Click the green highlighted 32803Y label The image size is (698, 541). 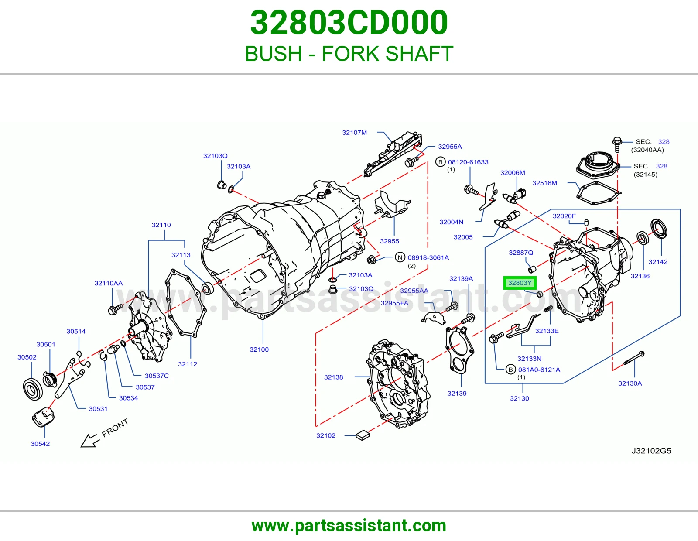520,283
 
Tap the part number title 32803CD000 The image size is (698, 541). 349,23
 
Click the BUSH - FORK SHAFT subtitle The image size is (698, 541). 349,54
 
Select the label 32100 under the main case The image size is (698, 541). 259,349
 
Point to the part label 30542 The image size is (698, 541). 40,443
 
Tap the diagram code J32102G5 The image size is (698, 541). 651,450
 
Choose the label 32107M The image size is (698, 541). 354,132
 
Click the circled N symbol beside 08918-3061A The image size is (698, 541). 400,257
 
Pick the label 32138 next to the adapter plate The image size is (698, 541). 333,377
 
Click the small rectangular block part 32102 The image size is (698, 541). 363,435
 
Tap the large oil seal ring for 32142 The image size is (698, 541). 658,229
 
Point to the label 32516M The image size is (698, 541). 544,183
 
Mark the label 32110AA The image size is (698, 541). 109,283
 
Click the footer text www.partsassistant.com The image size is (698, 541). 349,526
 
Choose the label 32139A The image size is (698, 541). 461,278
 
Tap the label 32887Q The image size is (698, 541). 521,253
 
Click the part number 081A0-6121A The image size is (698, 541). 539,370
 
